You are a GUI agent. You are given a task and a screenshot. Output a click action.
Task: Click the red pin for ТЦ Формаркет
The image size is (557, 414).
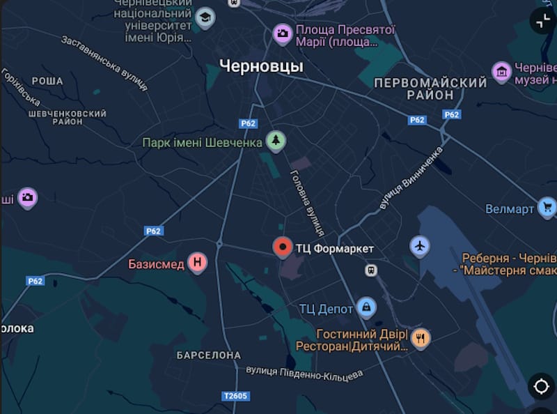click(282, 247)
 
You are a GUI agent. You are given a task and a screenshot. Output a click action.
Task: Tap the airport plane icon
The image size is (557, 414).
click(420, 245)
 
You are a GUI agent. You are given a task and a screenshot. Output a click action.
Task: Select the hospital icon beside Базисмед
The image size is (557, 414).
click(198, 263)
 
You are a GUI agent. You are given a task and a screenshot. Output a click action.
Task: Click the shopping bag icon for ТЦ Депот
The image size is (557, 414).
click(366, 306)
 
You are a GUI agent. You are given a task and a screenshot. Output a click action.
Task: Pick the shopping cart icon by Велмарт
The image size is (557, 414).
click(547, 207)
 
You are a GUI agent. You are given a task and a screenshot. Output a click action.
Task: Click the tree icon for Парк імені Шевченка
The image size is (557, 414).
click(276, 141)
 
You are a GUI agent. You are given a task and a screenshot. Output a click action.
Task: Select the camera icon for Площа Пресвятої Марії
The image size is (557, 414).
click(282, 33)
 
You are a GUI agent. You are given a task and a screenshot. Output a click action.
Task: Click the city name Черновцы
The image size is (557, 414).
click(261, 66)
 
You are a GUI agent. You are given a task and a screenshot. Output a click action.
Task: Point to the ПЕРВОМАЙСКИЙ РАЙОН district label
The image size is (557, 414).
click(430, 89)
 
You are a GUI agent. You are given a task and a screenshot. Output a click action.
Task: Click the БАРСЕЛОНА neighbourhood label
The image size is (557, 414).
click(209, 355)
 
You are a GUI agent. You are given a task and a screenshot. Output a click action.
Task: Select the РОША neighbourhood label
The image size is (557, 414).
click(47, 82)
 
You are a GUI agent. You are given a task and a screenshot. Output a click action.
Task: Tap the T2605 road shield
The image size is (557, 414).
click(235, 396)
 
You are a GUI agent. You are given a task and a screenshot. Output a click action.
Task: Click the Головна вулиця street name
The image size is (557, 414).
click(307, 202)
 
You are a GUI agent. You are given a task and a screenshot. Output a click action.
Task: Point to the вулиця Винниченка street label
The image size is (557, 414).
click(411, 178)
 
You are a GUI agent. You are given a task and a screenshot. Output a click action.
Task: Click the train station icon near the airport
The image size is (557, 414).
click(372, 270)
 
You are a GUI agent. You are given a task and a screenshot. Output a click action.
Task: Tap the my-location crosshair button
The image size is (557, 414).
click(541, 386)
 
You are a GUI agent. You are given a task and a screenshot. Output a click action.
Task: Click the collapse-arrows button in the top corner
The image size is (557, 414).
click(542, 20)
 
